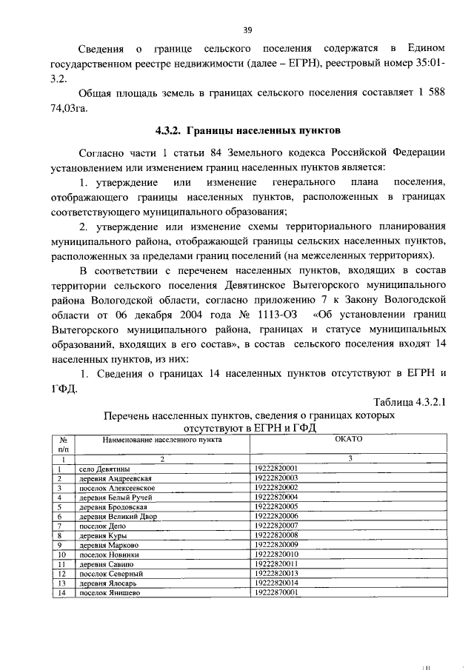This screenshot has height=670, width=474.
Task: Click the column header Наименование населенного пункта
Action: pyautogui.click(x=152, y=439)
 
